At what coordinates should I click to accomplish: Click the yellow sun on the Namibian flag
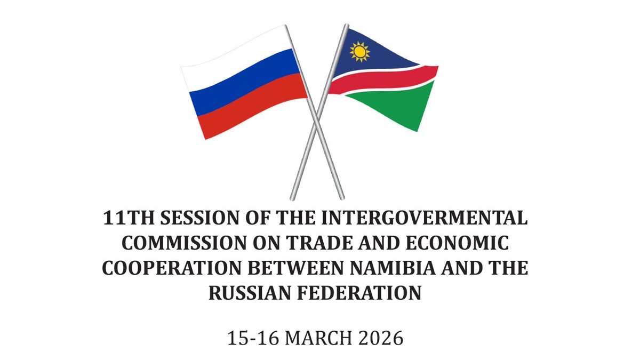pyautogui.click(x=359, y=52)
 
